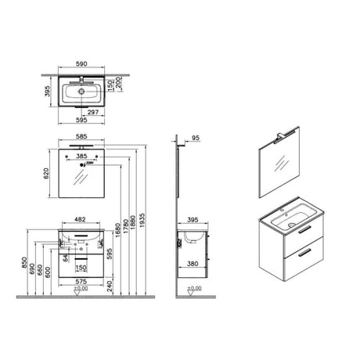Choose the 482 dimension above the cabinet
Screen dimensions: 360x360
81,220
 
